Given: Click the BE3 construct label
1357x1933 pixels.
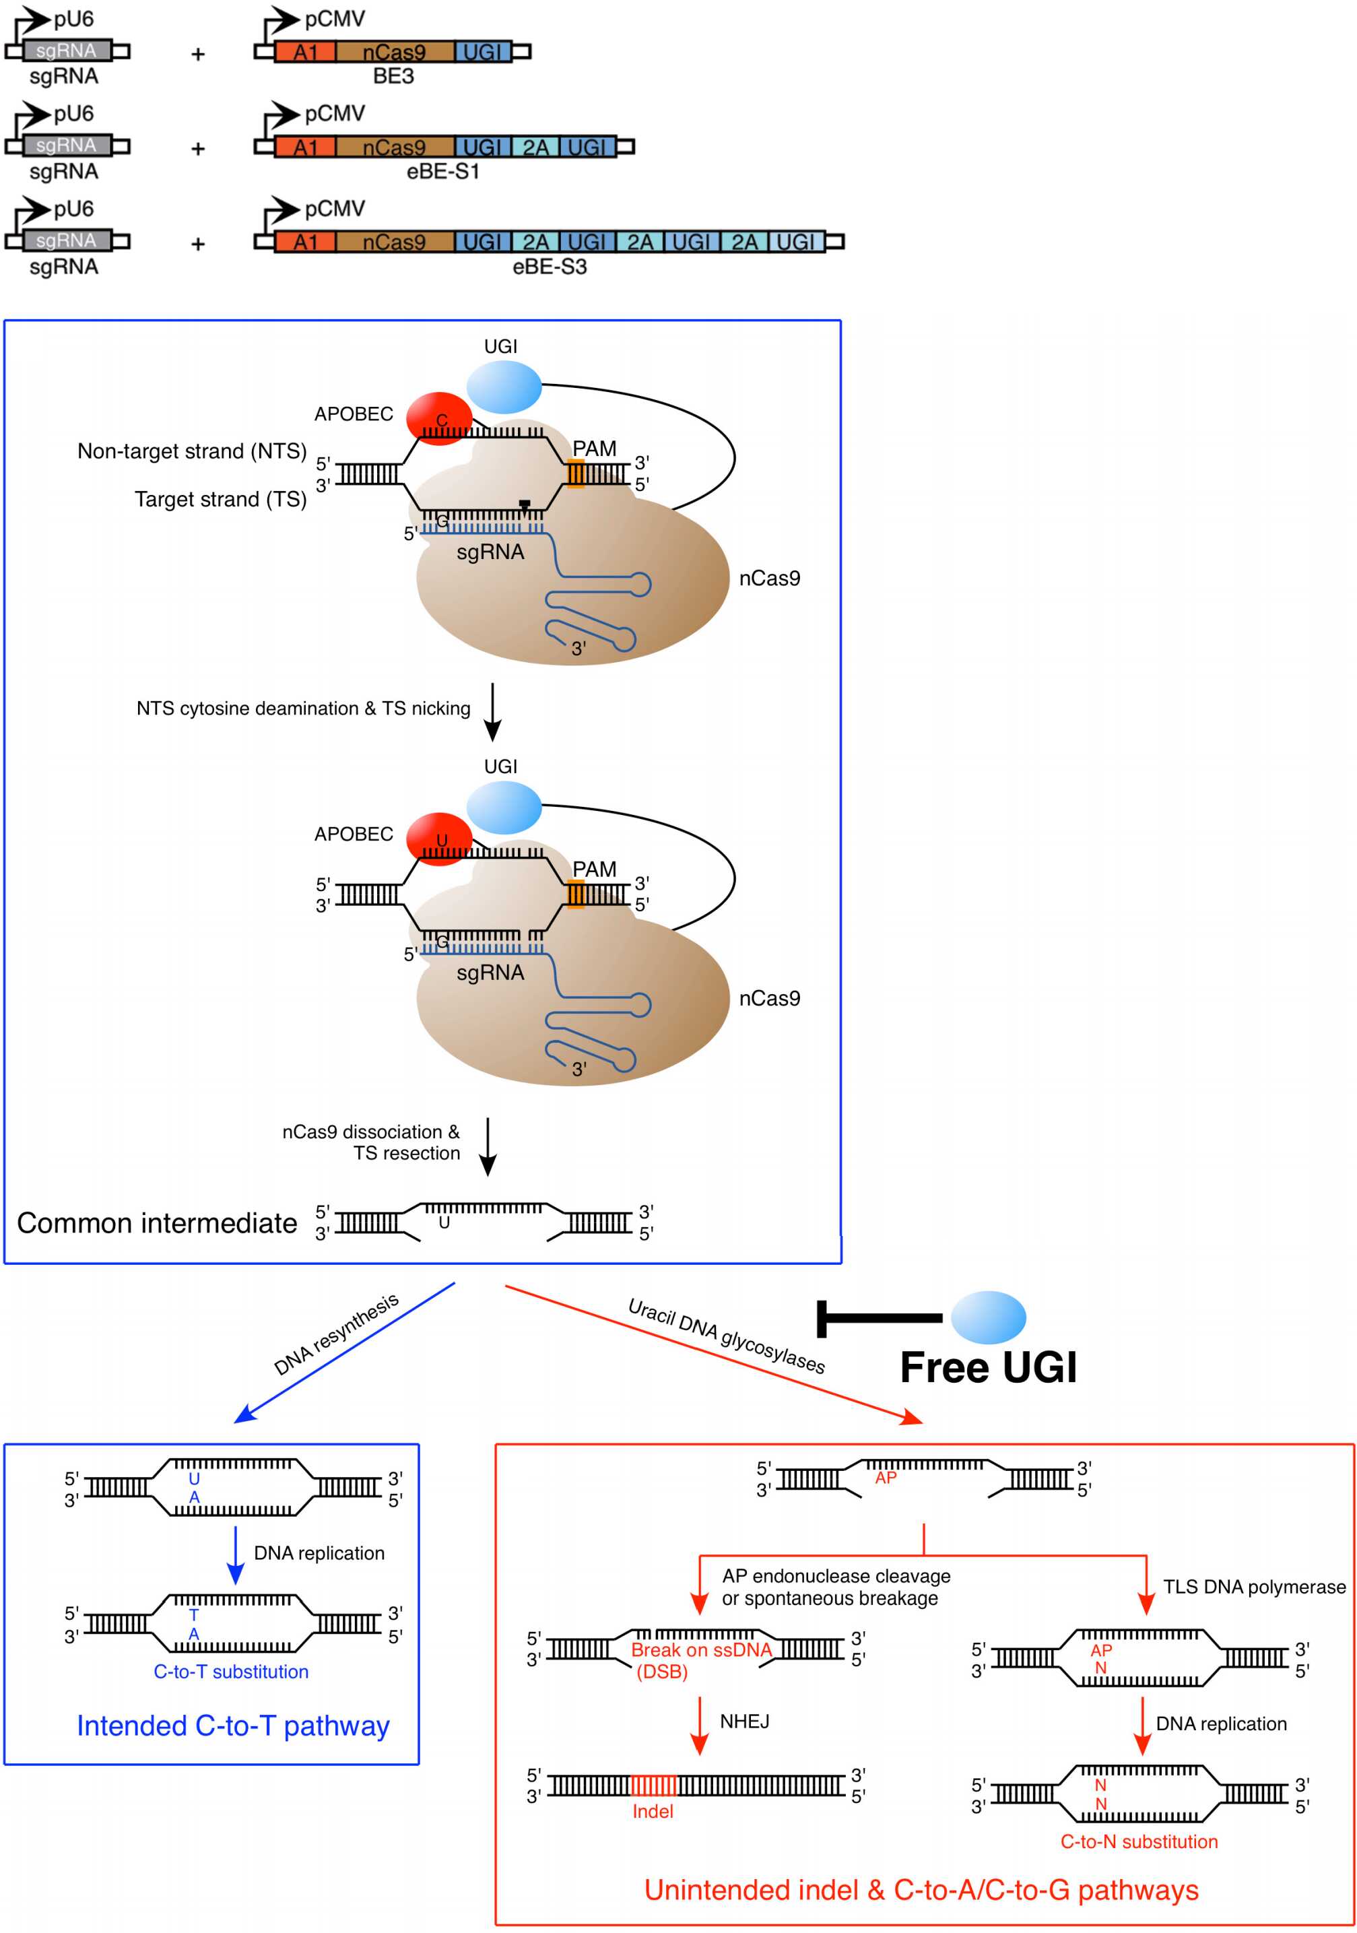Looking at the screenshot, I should (393, 77).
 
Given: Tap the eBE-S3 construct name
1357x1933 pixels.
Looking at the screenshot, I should (549, 267).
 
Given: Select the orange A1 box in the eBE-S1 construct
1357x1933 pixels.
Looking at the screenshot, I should (304, 148).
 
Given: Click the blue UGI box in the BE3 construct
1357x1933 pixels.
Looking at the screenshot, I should (482, 53).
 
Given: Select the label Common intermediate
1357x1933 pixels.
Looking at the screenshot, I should (158, 1223).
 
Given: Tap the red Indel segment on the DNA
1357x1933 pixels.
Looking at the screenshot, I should (653, 1785).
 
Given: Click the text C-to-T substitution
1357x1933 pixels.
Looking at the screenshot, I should (230, 1672).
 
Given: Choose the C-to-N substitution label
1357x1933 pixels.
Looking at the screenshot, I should (1138, 1842).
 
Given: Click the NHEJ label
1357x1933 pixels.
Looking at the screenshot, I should (744, 1722).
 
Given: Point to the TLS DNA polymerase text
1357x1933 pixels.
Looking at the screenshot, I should (1253, 1587).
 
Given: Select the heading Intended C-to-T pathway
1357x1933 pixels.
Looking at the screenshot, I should (233, 1726).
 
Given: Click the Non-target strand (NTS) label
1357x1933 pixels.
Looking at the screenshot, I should (192, 451).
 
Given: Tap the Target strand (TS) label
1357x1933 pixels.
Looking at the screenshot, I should (221, 499).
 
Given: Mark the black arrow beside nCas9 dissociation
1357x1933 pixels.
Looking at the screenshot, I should (488, 1146).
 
